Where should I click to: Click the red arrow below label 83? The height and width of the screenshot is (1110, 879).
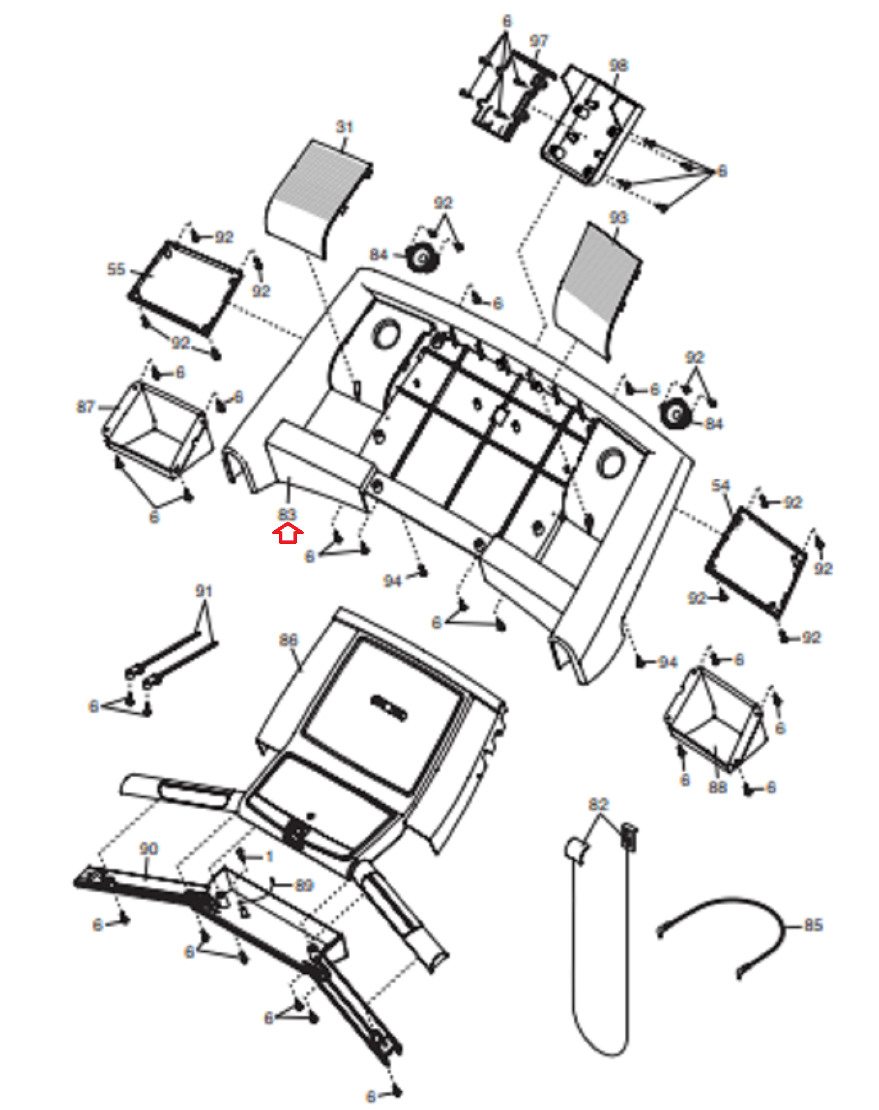(x=288, y=534)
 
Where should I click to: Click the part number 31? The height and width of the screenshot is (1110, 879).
(x=345, y=127)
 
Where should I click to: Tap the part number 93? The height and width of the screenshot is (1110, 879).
(x=617, y=218)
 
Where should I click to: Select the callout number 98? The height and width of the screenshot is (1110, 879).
(x=618, y=65)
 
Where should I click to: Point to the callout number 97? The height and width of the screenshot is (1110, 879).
(x=538, y=42)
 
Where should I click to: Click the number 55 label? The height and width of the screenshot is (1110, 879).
(x=116, y=269)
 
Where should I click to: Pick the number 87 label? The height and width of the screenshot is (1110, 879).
(x=85, y=407)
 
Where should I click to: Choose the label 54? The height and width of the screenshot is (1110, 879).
(x=721, y=486)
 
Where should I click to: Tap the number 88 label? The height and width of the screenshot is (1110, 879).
(x=717, y=787)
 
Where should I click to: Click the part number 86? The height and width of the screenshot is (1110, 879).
(x=288, y=640)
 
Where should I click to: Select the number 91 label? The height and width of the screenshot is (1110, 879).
(x=203, y=591)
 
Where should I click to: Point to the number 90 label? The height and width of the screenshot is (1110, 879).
(x=148, y=848)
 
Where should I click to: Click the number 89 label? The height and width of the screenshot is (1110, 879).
(x=304, y=885)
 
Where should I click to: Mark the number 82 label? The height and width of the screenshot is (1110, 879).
(x=598, y=804)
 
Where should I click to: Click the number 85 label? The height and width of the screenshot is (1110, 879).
(x=812, y=925)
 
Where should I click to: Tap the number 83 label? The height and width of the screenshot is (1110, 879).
(x=287, y=515)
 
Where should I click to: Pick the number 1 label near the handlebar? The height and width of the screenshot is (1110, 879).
(x=269, y=857)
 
